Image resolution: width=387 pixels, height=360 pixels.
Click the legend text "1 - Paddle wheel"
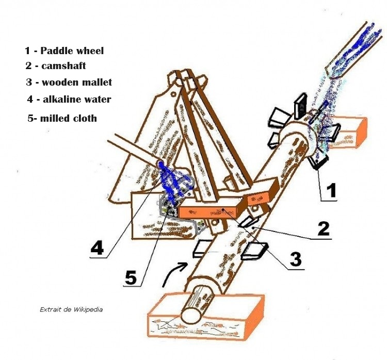64,51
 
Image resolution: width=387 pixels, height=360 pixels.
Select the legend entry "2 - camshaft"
56,66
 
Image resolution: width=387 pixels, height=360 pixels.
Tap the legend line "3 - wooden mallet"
69,82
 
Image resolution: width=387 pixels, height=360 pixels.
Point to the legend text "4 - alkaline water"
69,99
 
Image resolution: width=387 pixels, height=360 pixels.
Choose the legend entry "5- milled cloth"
62,118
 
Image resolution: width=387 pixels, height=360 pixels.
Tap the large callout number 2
324,228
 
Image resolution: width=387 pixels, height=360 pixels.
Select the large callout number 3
295,259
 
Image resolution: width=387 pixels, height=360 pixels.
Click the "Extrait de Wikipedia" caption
71,309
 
